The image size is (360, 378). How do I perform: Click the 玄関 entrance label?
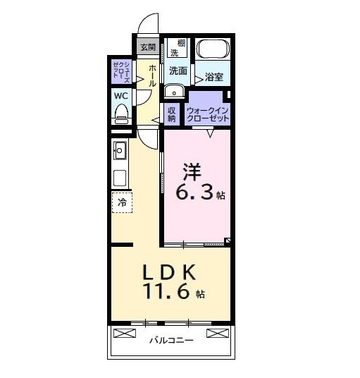(147, 48)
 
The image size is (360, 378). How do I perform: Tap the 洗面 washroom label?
(178, 71)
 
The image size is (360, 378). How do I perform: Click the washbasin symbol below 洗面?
(173, 92)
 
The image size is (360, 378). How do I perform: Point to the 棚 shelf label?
(182, 44)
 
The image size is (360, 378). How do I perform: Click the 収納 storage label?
(172, 113)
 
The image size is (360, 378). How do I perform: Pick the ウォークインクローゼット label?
(208, 114)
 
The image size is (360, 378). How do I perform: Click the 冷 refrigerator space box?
(121, 202)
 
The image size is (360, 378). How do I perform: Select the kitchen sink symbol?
(120, 150)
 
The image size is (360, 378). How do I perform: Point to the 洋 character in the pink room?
(192, 170)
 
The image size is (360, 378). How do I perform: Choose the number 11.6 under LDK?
(168, 292)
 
